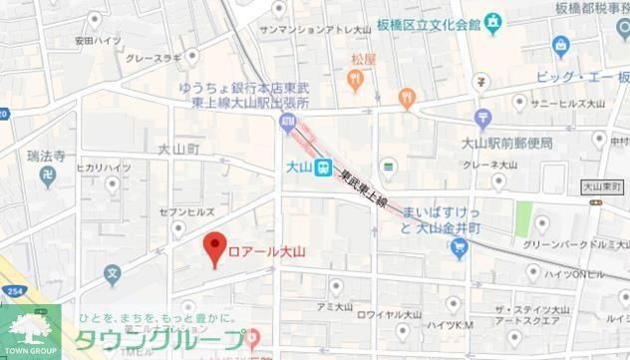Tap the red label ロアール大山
tap(268, 249)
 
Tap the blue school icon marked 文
tap(113, 271)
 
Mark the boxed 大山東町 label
tap(602, 185)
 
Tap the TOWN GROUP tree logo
tap(30, 327)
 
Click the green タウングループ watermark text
tap(159, 340)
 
